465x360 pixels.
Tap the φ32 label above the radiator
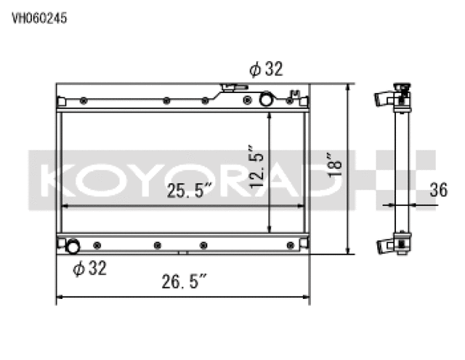click(x=265, y=69)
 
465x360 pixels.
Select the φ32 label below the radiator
click(x=90, y=268)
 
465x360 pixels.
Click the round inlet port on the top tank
click(x=267, y=97)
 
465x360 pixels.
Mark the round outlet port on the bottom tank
click(x=73, y=247)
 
